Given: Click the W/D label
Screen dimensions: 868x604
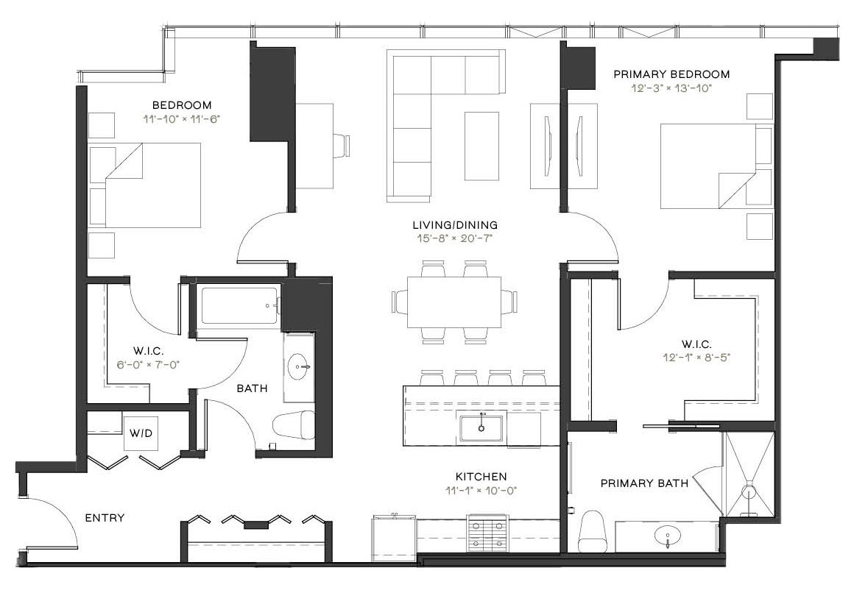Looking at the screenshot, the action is [141, 433].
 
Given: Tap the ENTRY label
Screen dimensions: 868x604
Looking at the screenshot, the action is [105, 518].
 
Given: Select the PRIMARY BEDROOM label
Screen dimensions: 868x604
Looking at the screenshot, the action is [671, 74].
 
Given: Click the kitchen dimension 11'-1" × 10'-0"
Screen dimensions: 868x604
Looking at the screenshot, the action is [481, 490].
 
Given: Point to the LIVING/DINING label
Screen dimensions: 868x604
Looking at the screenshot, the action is [455, 225].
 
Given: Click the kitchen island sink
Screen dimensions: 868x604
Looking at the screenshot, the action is [481, 426].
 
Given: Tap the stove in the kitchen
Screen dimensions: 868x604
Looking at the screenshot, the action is [487, 532].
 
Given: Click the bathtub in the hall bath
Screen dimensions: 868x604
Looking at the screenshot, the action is [240, 305].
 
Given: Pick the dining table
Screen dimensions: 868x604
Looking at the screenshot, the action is [454, 302].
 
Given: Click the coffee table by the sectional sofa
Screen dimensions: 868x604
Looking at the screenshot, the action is [481, 146].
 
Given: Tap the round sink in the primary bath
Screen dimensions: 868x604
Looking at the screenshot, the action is [668, 536].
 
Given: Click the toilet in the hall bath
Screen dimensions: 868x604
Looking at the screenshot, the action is [294, 424].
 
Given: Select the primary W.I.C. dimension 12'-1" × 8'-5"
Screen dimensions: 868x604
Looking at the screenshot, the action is [696, 358].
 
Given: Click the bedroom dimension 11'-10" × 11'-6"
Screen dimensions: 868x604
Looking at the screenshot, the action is [182, 119].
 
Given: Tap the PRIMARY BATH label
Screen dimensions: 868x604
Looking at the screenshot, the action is [644, 484].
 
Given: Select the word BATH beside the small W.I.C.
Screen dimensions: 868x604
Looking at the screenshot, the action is [252, 389].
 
